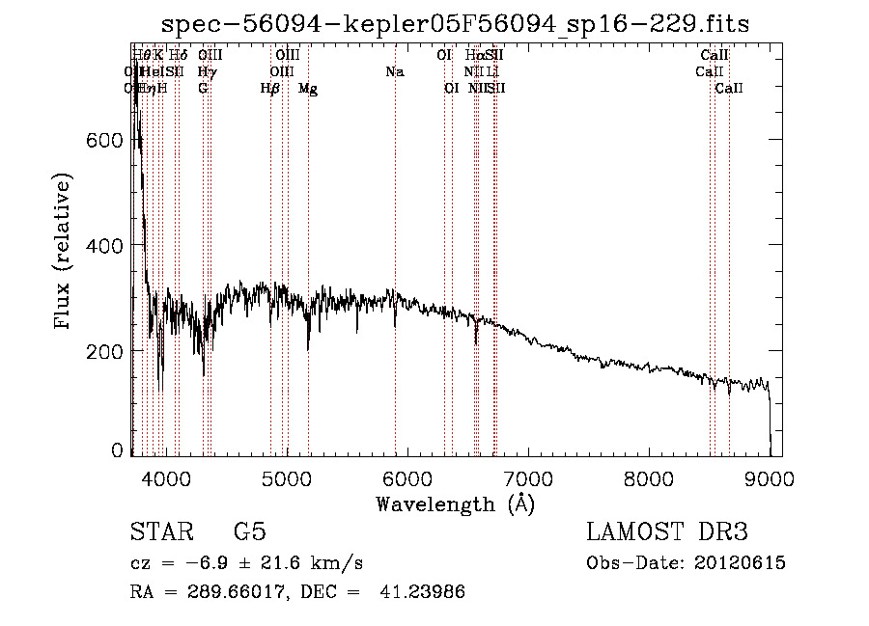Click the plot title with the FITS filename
(x=455, y=23)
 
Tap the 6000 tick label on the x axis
(x=407, y=478)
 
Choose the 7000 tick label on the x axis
(x=528, y=478)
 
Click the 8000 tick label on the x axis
(x=649, y=478)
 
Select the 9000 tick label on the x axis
(x=770, y=478)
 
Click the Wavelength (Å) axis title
(x=455, y=504)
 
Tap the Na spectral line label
(x=394, y=71)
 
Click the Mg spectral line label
(x=308, y=89)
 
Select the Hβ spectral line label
(x=270, y=89)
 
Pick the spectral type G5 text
(x=249, y=531)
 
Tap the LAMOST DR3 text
(x=667, y=531)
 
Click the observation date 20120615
(x=738, y=563)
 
